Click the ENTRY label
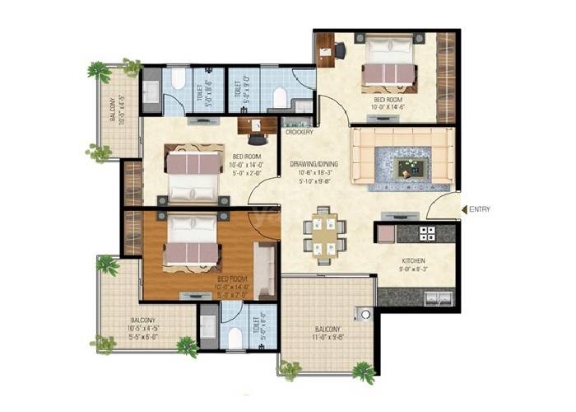[x=480, y=209]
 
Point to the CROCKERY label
[x=300, y=131]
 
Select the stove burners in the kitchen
[x=427, y=233]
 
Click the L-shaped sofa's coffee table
[x=406, y=168]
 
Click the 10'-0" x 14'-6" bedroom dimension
[x=389, y=106]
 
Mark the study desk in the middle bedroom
[x=256, y=125]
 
